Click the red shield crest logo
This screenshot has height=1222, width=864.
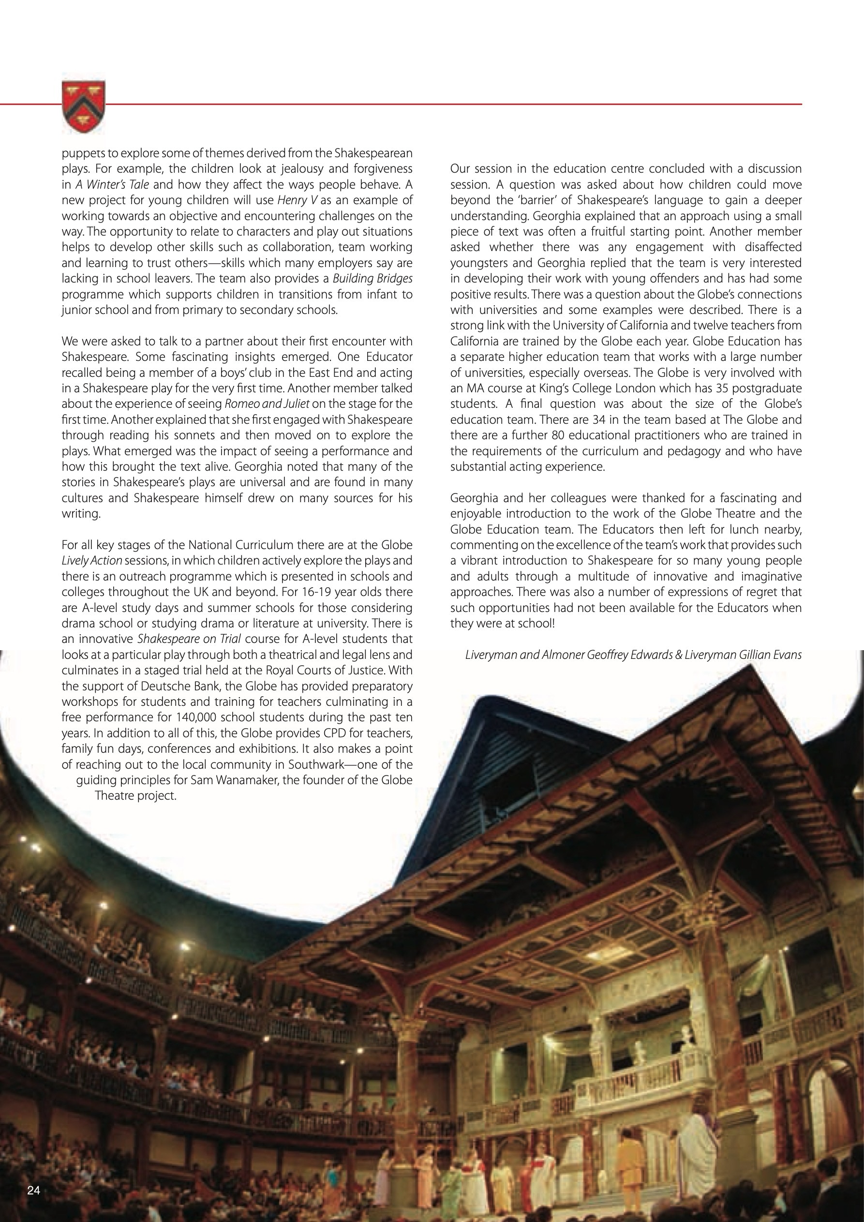pos(84,106)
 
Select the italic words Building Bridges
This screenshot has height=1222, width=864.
pos(372,278)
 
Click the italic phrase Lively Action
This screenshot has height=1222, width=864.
pos(92,560)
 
